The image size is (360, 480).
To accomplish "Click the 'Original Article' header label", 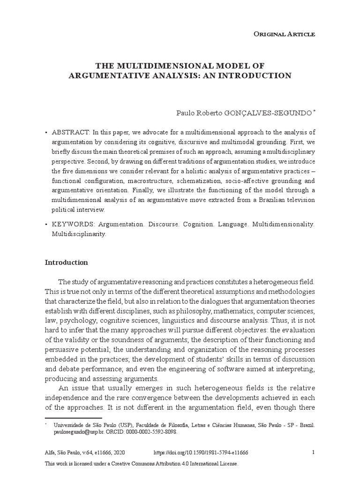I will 291,34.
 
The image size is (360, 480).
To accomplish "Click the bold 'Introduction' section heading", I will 66,262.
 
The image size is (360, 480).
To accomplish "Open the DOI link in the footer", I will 201,452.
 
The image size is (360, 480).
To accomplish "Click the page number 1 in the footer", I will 313,452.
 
